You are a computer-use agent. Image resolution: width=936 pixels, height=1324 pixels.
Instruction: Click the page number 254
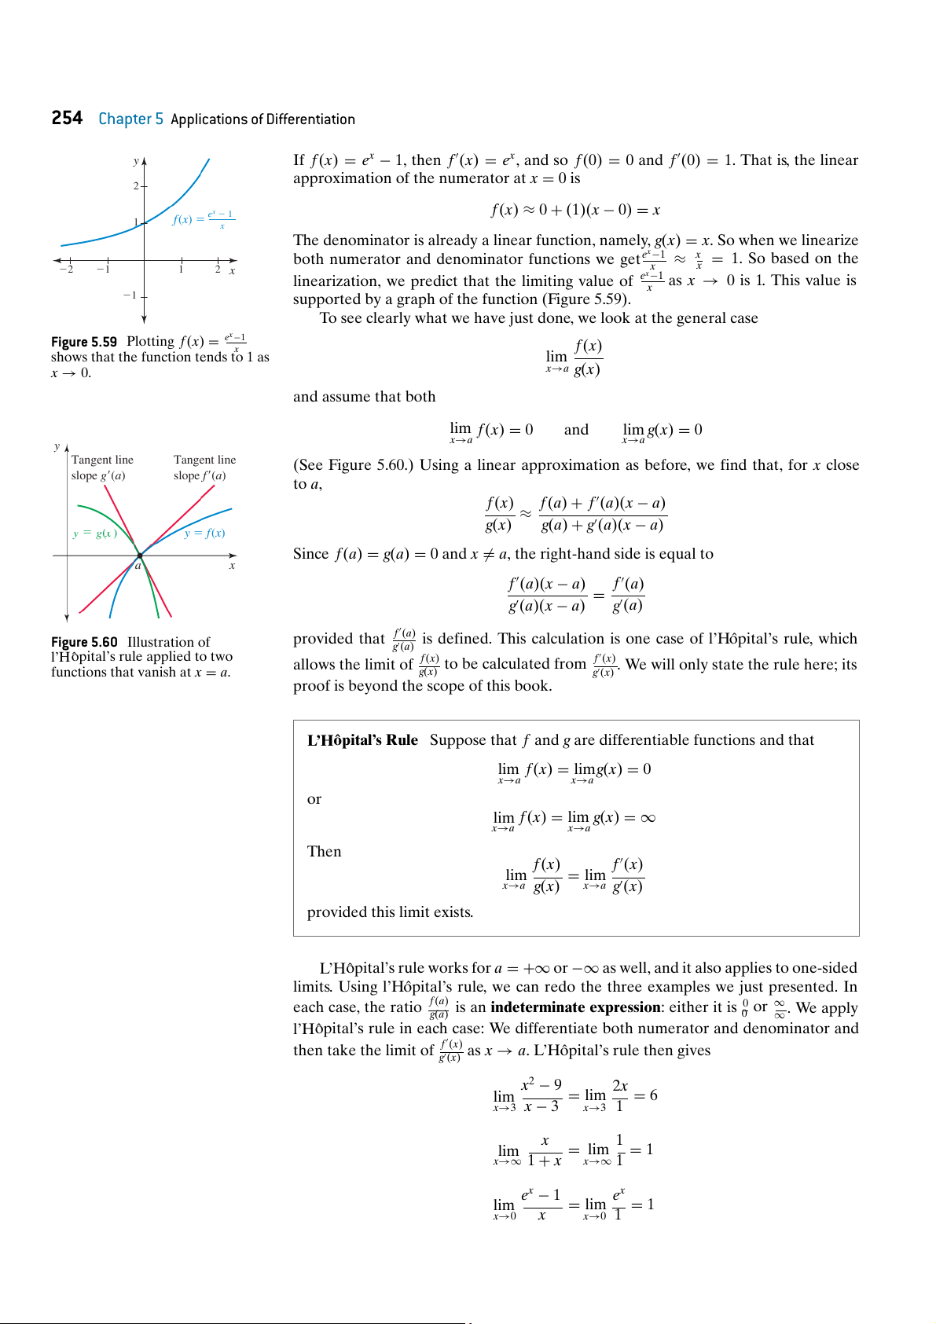[x=67, y=119]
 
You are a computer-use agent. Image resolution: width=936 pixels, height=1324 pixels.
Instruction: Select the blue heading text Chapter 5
[x=130, y=119]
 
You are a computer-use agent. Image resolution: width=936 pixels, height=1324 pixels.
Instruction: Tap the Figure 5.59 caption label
[x=84, y=342]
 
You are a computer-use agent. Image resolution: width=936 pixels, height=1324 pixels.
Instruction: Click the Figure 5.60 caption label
[x=84, y=642]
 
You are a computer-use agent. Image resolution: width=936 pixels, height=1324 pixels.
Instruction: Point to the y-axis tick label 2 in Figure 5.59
[x=136, y=186]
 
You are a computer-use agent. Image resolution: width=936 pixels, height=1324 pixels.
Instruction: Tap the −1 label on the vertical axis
[x=130, y=295]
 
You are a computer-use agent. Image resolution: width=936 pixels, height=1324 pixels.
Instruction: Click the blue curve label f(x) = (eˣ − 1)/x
[x=203, y=219]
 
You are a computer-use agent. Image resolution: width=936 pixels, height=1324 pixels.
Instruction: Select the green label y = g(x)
[x=95, y=534]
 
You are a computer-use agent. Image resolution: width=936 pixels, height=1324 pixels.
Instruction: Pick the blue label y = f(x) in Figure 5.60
[x=204, y=534]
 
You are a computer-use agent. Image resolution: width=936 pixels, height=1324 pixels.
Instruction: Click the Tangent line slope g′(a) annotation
[x=102, y=468]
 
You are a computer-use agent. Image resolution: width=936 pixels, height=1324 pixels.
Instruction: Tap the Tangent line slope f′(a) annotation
[x=204, y=468]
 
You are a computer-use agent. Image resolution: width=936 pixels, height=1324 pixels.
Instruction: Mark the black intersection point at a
[x=140, y=556]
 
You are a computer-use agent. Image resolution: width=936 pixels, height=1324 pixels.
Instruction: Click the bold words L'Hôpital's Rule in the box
[x=362, y=740]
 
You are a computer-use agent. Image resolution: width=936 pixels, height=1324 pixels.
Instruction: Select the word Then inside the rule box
[x=324, y=852]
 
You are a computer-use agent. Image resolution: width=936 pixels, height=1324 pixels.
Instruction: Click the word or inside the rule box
[x=314, y=799]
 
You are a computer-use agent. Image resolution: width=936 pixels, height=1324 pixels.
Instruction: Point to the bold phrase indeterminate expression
[x=575, y=1007]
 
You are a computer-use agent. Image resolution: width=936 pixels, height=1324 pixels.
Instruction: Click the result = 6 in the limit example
[x=646, y=1095]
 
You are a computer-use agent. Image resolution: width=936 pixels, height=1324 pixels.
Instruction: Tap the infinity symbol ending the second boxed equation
[x=648, y=818]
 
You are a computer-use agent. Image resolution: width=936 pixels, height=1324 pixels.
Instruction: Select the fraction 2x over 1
[x=620, y=1095]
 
